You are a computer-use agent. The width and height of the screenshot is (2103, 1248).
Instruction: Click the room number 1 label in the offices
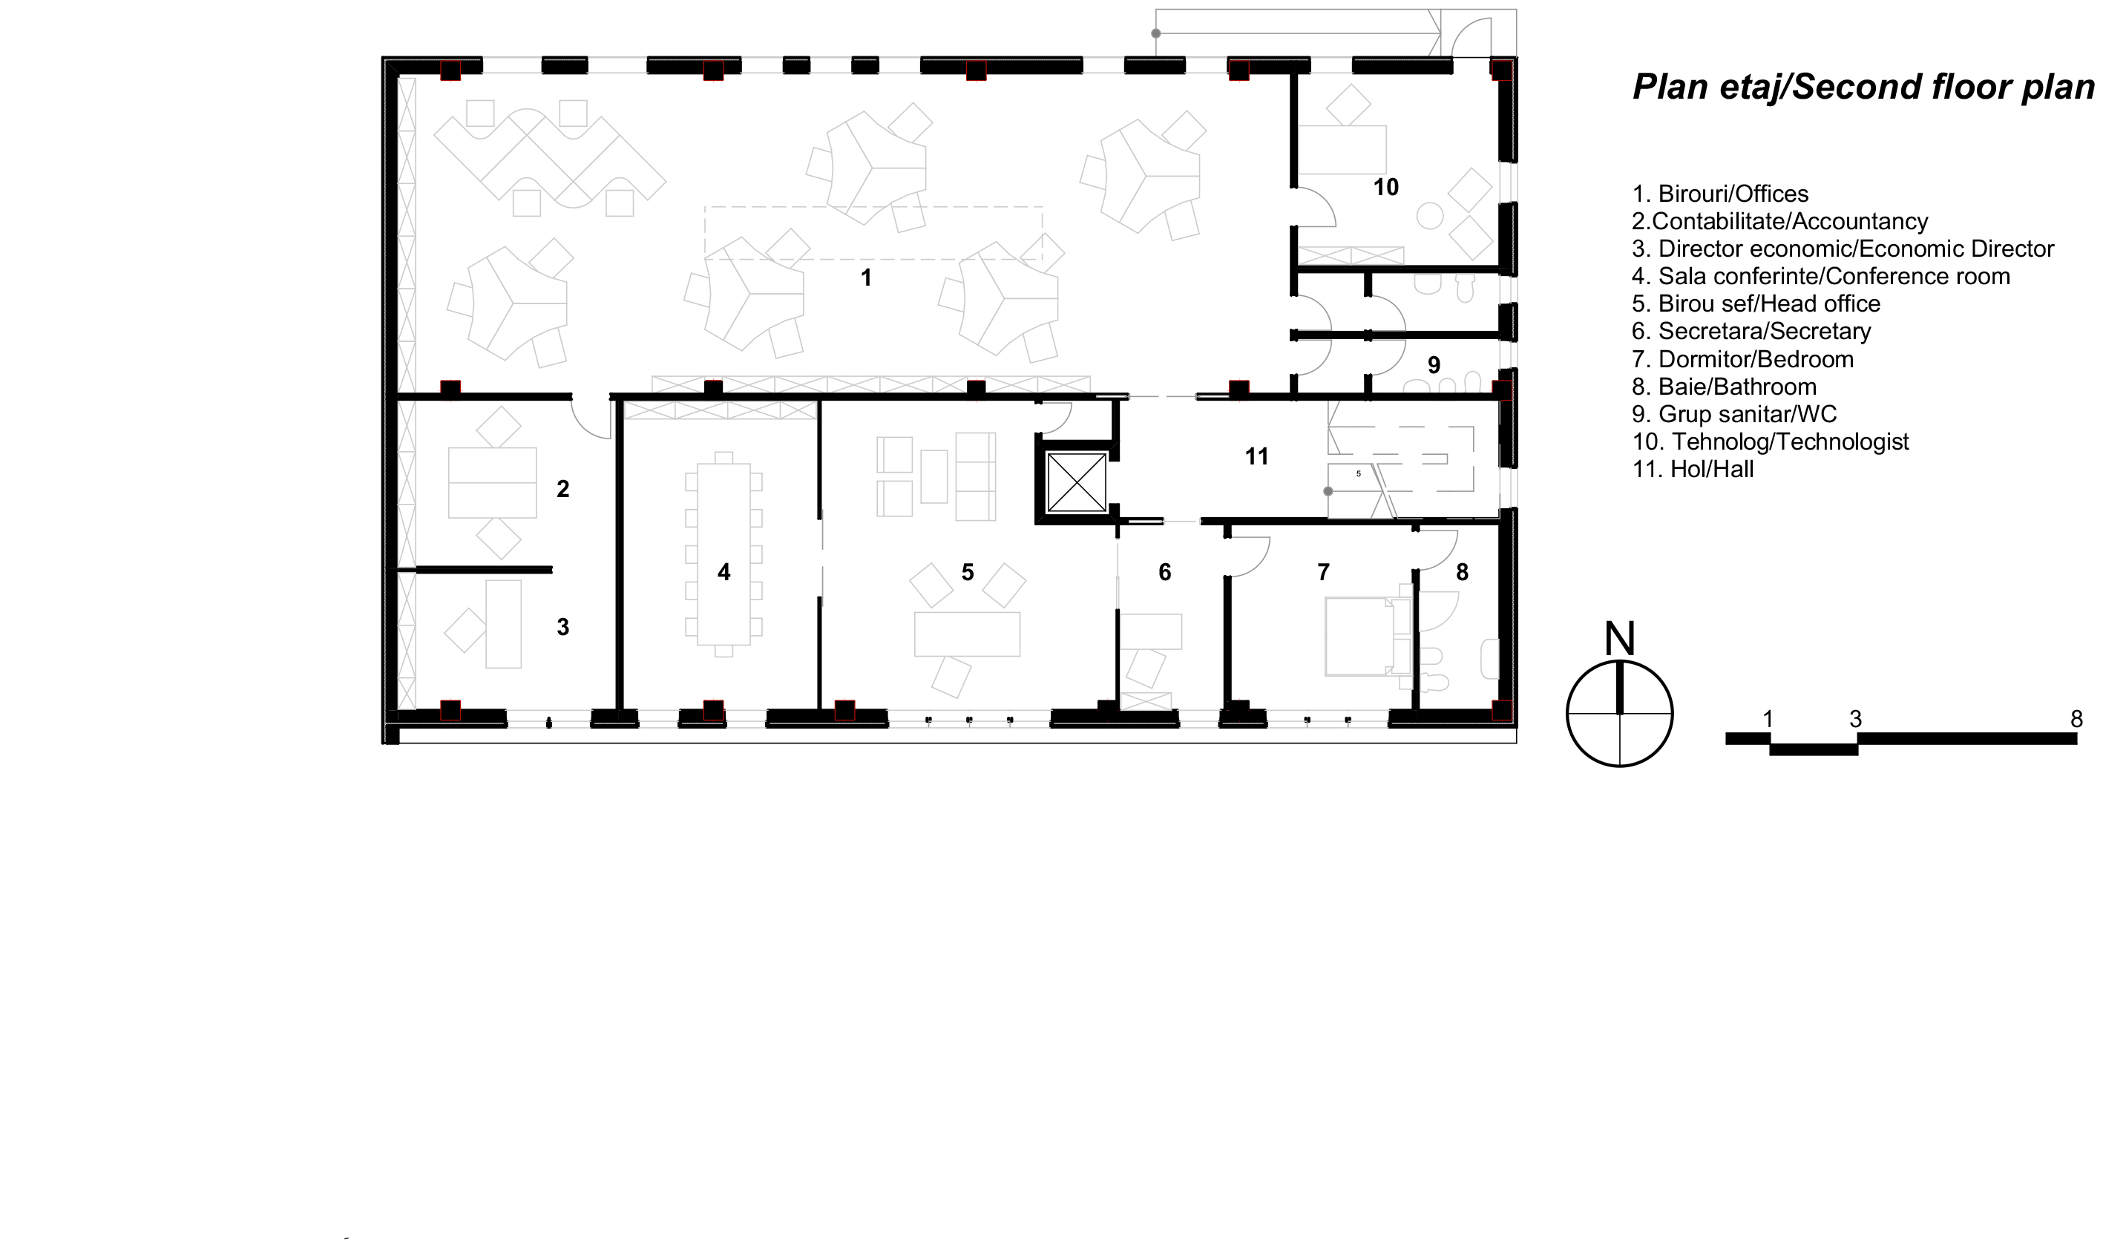click(866, 277)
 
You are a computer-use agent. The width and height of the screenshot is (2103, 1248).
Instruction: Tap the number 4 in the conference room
click(724, 573)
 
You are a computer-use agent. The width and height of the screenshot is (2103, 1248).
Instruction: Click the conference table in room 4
click(724, 554)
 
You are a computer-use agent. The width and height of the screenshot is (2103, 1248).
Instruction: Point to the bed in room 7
click(1360, 636)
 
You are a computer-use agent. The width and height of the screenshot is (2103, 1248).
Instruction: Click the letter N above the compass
click(1619, 639)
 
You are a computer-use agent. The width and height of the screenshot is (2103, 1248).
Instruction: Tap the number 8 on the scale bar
click(2077, 719)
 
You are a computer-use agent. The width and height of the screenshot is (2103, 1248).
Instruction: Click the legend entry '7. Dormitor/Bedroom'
click(1743, 359)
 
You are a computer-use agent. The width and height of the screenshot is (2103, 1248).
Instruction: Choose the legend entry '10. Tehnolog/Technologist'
click(1771, 441)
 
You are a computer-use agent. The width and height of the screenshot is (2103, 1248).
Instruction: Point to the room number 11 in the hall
click(1256, 456)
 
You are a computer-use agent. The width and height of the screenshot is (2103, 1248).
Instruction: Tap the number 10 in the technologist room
click(1385, 188)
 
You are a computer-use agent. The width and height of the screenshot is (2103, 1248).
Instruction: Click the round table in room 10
click(1430, 215)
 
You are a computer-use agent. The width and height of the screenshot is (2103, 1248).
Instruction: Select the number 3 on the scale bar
click(1856, 719)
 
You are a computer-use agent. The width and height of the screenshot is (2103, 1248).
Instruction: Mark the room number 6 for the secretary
click(1164, 573)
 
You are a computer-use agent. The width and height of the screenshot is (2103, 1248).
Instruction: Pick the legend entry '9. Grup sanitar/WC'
click(1735, 415)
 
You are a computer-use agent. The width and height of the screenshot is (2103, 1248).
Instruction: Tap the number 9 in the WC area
click(1434, 365)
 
